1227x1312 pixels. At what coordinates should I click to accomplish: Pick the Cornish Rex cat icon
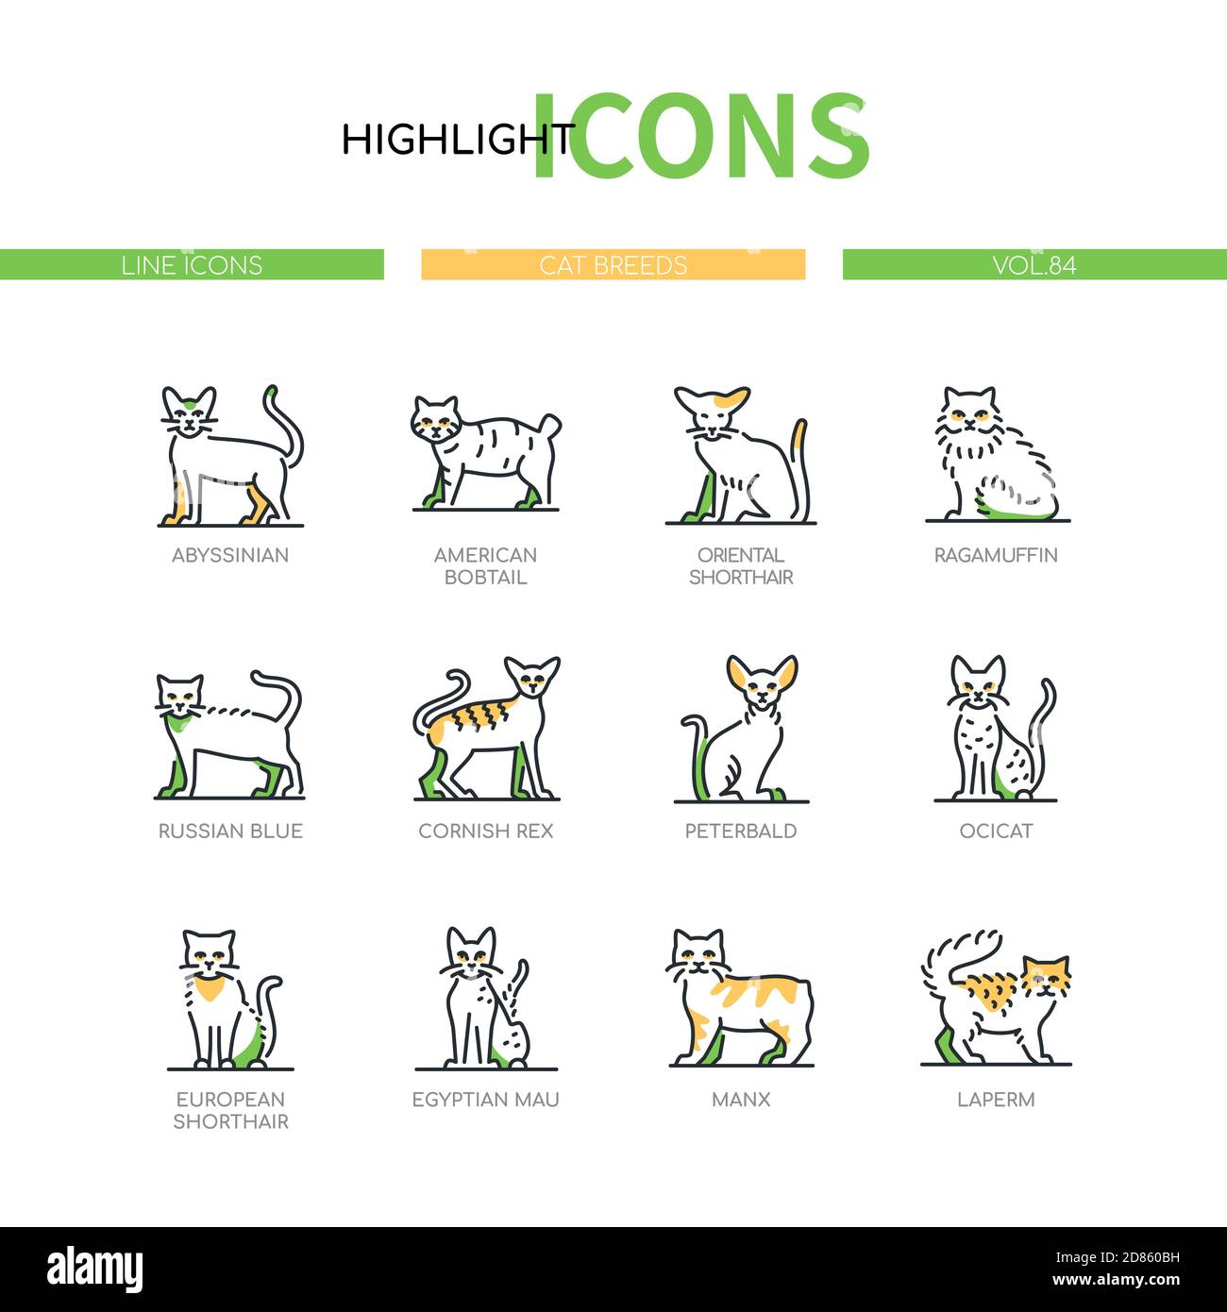click(x=485, y=728)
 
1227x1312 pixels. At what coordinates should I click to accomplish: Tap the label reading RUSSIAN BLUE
click(x=230, y=831)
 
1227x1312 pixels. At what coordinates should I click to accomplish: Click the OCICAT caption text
click(x=996, y=831)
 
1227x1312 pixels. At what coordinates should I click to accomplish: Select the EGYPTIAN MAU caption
click(x=485, y=1099)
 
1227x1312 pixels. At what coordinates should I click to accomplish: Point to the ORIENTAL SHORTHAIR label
click(x=741, y=565)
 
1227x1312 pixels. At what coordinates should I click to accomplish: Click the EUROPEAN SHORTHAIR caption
click(x=230, y=1110)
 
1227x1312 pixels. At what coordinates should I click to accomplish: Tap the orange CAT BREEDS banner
click(x=613, y=264)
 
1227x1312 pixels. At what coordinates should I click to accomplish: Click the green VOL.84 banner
click(x=1034, y=264)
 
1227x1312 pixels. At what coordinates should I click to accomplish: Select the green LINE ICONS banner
click(x=192, y=264)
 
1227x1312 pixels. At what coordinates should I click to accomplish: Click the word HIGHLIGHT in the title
click(x=457, y=140)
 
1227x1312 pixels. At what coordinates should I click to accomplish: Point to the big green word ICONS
click(x=699, y=137)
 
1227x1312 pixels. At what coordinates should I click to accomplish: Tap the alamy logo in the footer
click(x=95, y=1269)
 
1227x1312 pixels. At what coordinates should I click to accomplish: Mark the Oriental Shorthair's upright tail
click(x=800, y=463)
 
